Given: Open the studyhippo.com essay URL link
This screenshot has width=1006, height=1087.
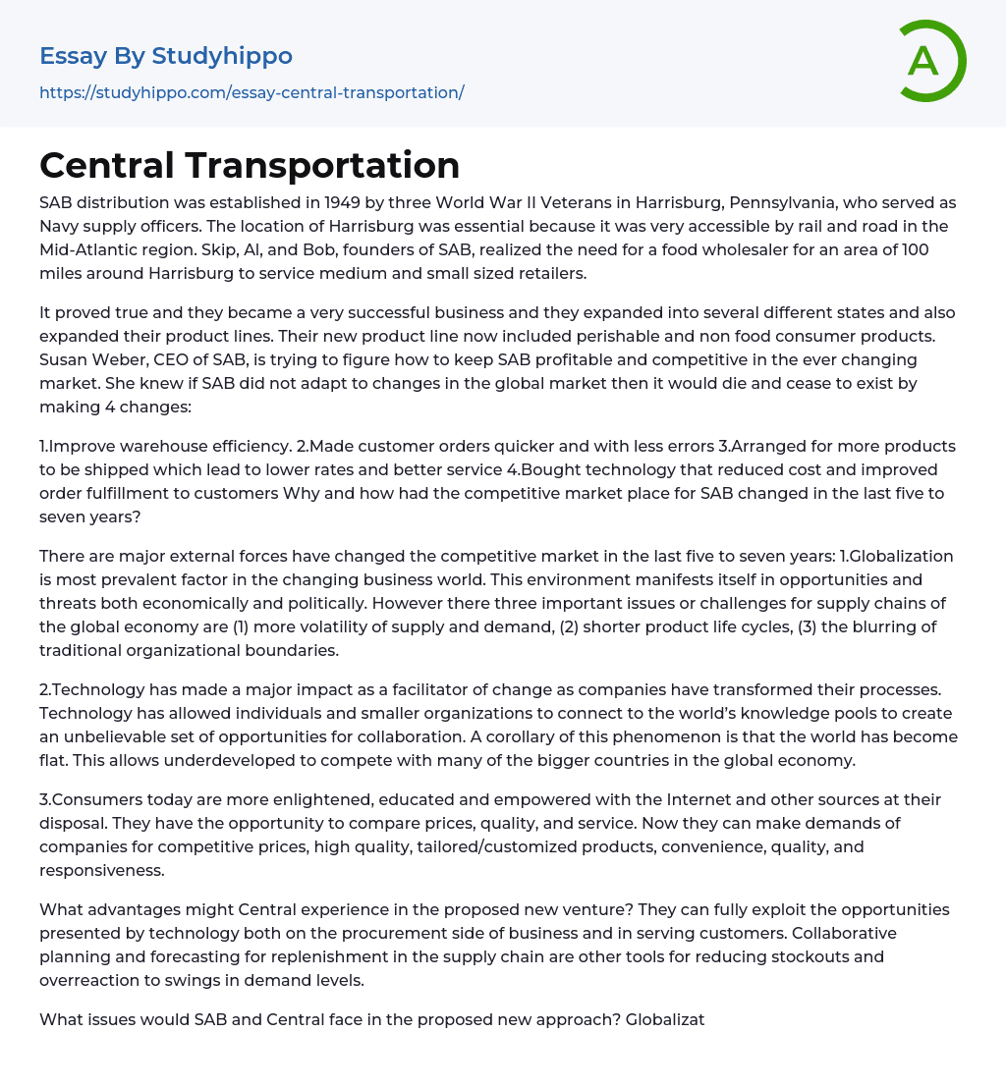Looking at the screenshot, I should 251,92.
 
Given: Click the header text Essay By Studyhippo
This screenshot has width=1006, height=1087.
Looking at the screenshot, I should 166,56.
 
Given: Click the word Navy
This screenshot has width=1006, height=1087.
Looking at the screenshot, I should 62,226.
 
